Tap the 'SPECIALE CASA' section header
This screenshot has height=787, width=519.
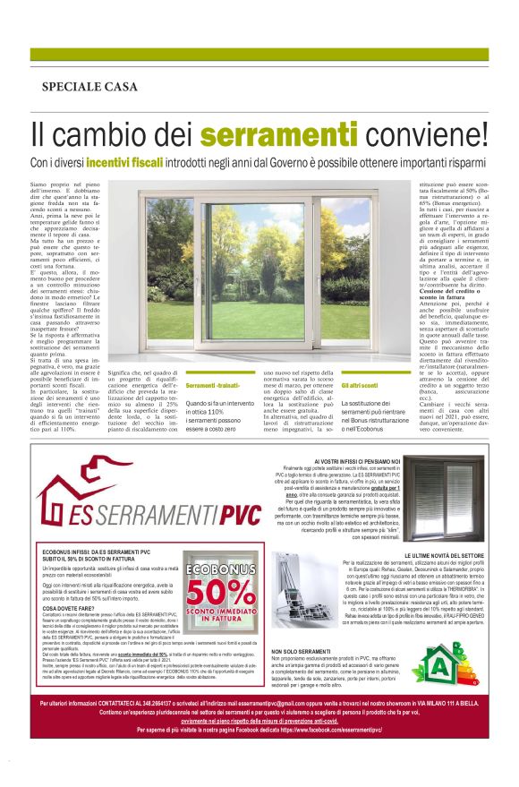coord(89,87)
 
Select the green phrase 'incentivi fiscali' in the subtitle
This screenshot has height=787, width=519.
coord(153,164)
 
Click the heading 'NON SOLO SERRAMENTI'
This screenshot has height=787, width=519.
coord(300,651)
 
